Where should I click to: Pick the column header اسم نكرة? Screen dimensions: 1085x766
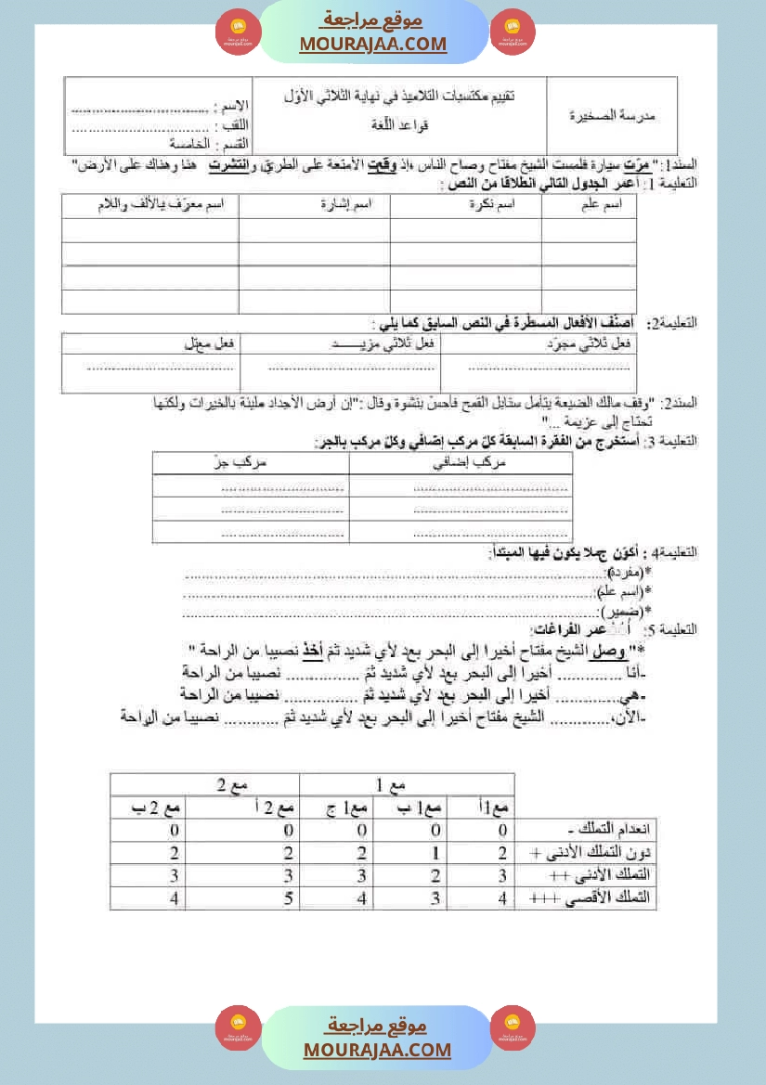coord(493,207)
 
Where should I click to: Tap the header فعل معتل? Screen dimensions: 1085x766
coord(214,342)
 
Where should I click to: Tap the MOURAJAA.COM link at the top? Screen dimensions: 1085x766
coord(372,44)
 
